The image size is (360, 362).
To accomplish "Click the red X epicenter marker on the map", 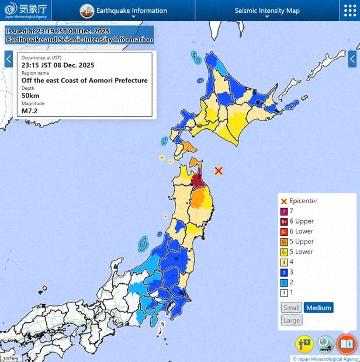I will (x=219, y=170).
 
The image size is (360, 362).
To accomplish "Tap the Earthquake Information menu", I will (x=124, y=11).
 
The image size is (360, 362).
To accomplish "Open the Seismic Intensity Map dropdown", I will (x=266, y=11).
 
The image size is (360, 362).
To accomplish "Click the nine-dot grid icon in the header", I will (x=349, y=11).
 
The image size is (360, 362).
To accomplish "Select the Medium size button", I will (x=318, y=308).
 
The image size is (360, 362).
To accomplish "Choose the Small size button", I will (x=291, y=308).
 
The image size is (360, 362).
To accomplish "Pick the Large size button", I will (x=291, y=320).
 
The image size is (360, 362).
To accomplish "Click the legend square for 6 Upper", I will (x=284, y=221).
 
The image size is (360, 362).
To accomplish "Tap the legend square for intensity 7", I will (x=284, y=211).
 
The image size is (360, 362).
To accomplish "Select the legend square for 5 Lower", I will (x=284, y=252).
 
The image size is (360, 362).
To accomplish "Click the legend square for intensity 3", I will (x=284, y=272).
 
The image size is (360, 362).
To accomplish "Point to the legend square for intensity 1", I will (x=284, y=292).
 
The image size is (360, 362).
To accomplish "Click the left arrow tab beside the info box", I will (x=8, y=59).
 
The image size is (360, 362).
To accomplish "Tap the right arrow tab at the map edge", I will (x=352, y=59).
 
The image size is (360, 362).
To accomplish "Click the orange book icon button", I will (x=346, y=343).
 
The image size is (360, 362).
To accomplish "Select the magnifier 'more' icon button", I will (x=326, y=344).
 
